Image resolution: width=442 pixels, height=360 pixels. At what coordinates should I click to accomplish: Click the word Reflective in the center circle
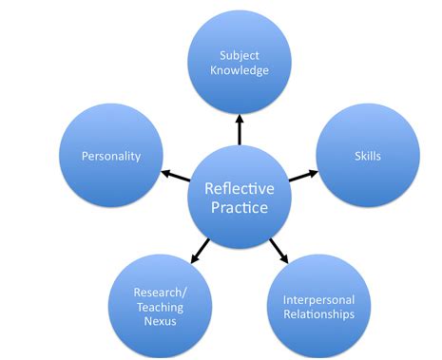tap(238, 188)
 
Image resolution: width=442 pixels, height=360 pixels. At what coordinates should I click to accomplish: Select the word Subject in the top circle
tap(240, 54)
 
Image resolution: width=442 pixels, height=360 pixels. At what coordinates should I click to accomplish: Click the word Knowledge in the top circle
tap(240, 70)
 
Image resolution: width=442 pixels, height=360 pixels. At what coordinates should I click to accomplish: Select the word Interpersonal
tap(318, 298)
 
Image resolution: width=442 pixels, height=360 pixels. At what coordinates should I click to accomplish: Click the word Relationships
tap(318, 314)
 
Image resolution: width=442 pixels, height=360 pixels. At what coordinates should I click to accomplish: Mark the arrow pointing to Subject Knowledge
tap(240, 129)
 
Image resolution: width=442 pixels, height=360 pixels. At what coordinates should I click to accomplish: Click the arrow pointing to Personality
tap(175, 173)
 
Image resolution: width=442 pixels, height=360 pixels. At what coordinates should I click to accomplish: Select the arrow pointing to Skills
tap(301, 174)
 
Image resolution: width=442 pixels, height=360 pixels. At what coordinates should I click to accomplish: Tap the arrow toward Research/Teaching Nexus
tap(200, 248)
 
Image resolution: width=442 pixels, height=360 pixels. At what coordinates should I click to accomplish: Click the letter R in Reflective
tap(209, 188)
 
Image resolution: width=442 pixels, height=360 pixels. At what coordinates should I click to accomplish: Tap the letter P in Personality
tap(85, 155)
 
